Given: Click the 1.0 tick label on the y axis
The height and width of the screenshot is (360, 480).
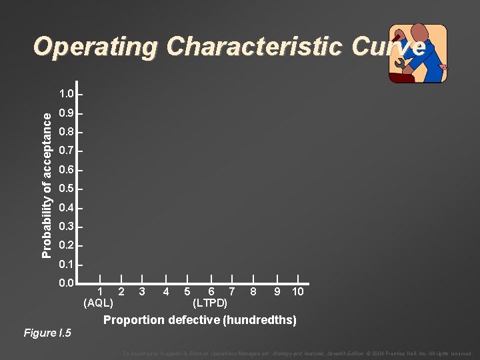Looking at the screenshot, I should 67,93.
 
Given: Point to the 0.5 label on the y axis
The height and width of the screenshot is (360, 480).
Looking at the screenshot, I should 67,189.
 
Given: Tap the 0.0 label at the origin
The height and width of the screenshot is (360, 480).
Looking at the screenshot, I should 67,284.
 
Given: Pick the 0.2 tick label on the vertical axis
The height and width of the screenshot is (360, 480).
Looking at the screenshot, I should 67,246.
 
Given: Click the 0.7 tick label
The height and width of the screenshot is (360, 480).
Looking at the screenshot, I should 67,151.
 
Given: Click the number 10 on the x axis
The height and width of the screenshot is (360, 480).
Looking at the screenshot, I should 298,291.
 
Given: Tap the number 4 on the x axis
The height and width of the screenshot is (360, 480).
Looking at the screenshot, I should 165,291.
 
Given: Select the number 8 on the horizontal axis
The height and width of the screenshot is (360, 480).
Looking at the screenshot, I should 253,291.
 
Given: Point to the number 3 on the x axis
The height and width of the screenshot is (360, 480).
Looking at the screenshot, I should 143,291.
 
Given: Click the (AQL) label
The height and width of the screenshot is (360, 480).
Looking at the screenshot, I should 98,303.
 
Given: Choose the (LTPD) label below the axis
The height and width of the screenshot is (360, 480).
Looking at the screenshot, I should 210,303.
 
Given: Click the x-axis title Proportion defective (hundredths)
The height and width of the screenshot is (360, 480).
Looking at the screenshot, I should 200,320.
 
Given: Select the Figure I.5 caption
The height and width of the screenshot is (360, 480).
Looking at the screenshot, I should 47,333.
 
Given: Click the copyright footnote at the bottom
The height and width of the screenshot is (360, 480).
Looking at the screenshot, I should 297,353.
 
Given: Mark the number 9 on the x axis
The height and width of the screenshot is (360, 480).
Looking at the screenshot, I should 277,291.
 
